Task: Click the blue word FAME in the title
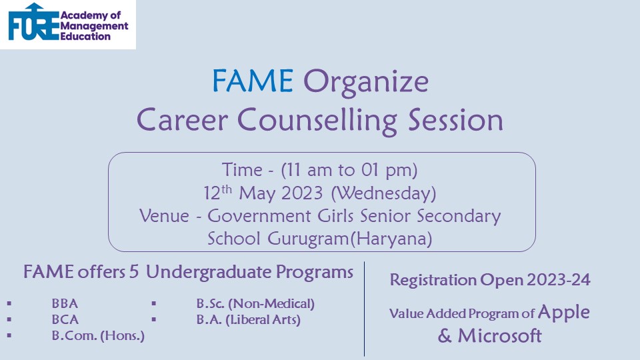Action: pos(253,81)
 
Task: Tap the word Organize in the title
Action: pos(366,83)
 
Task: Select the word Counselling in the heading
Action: pos(317,121)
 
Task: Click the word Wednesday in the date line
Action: pos(383,193)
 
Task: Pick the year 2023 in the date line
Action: pos(302,193)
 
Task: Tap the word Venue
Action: pos(164,216)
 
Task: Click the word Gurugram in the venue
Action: pos(309,239)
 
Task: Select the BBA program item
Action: pos(65,303)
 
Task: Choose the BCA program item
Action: pos(65,319)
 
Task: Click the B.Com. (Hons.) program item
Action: pos(98,335)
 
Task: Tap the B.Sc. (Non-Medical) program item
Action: pos(255,304)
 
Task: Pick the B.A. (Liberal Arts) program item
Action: pos(248,319)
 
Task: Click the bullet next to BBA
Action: pos(9,304)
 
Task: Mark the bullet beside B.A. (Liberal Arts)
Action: pos(153,319)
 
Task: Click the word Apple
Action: pos(564,313)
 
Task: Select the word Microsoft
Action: pos(499,336)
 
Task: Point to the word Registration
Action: pos(433,281)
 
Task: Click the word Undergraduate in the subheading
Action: pos(208,272)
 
